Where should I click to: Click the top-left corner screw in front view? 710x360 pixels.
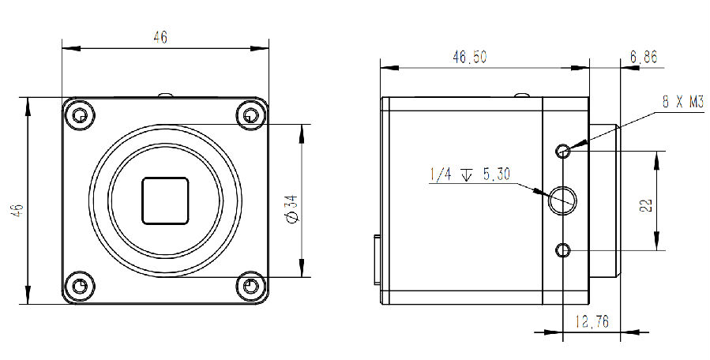80,116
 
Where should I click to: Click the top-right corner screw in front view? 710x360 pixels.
251,116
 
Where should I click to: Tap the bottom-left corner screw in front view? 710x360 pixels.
80,285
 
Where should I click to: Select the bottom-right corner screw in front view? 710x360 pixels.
251,285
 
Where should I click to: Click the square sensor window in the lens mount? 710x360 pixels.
165,201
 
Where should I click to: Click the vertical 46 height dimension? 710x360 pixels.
17,209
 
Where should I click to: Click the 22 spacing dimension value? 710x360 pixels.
646,206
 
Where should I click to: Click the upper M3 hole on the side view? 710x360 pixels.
563,151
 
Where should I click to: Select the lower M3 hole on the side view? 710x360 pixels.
563,250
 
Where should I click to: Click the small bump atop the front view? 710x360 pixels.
166,95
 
